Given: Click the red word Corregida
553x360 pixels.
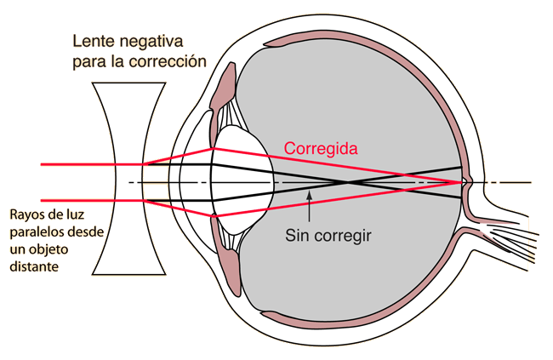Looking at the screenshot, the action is pos(321,149).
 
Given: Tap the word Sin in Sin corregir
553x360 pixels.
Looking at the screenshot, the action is pos(296,235).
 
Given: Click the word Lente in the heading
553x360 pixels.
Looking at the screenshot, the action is pos(93,42).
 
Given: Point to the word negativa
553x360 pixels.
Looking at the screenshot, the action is pos(151,43).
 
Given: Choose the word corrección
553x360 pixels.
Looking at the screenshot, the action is pos(168,61).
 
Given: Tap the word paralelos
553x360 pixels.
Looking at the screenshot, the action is pos(35,232).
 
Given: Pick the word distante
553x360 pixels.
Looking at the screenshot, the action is pos(34,266).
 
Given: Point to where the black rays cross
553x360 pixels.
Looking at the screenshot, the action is pos(347,182).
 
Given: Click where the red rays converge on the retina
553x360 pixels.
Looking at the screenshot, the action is pos(462,182).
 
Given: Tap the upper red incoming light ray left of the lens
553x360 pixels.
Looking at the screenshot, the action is pos(92,164).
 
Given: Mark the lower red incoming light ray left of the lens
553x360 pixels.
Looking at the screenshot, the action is pos(92,201).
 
